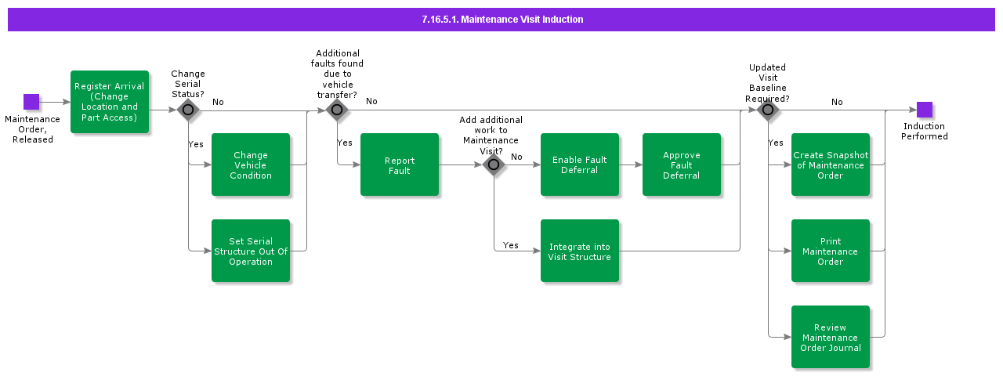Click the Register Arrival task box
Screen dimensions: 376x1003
pyautogui.click(x=110, y=102)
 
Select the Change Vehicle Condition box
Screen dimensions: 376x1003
pyautogui.click(x=251, y=164)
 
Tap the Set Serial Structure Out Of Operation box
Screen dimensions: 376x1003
pyautogui.click(x=251, y=251)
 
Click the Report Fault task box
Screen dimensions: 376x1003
pyautogui.click(x=400, y=164)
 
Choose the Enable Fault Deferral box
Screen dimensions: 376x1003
pyautogui.click(x=580, y=164)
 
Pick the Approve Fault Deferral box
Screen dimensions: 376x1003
pyautogui.click(x=682, y=164)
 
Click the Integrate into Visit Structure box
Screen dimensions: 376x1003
pyautogui.click(x=580, y=251)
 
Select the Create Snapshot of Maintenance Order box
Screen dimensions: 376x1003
pyautogui.click(x=831, y=164)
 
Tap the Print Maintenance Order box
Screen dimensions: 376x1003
pyautogui.click(x=831, y=251)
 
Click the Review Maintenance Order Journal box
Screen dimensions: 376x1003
pyautogui.click(x=831, y=337)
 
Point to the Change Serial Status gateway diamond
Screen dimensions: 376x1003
pyautogui.click(x=188, y=110)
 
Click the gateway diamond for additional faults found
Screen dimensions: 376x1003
pyautogui.click(x=337, y=110)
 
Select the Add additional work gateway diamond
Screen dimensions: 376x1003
pyautogui.click(x=494, y=164)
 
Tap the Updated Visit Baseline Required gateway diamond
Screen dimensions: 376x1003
pyautogui.click(x=768, y=110)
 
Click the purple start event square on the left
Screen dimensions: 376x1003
pyautogui.click(x=31, y=102)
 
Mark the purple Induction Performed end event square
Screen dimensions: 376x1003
pyautogui.click(x=925, y=110)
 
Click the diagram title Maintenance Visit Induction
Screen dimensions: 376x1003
pyautogui.click(x=501, y=20)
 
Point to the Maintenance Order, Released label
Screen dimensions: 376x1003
pyautogui.click(x=32, y=129)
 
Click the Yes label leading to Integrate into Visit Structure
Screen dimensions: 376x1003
pyautogui.click(x=511, y=245)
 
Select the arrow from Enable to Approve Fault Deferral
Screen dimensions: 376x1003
pyautogui.click(x=631, y=164)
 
